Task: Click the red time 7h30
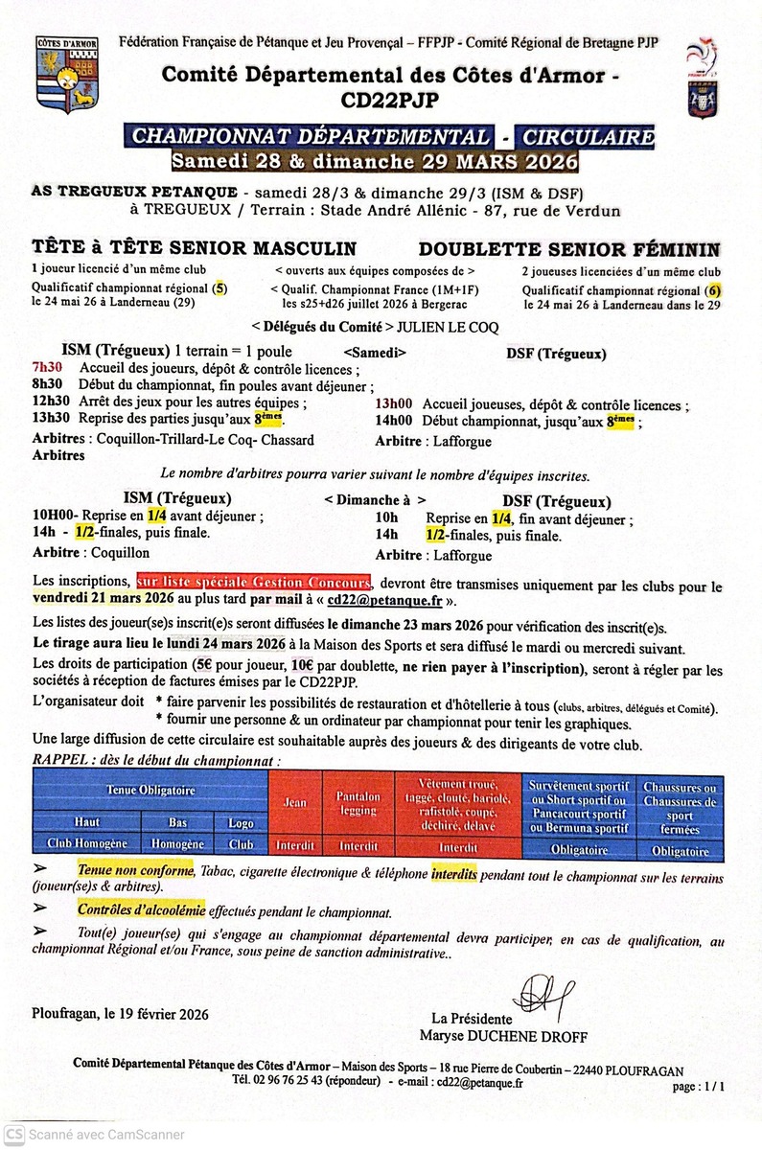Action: click(46, 368)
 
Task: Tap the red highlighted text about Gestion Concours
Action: click(252, 583)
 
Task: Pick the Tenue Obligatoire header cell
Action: click(150, 791)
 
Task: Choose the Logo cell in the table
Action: click(241, 823)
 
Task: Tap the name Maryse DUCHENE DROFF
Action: click(503, 1036)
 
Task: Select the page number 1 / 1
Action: click(699, 1087)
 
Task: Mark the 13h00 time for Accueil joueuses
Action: click(392, 405)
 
